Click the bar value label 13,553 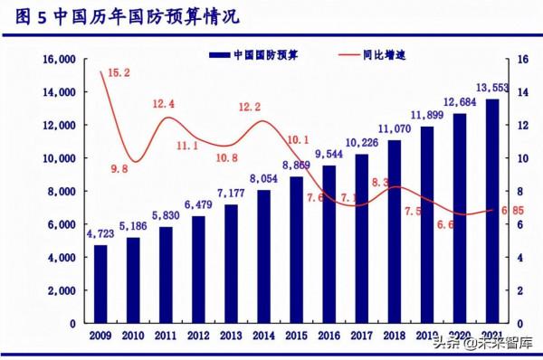[x=491, y=88]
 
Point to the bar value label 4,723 [x=100, y=234]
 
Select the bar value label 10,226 [x=363, y=142]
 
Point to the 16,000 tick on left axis [x=57, y=60]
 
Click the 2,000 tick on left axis [x=60, y=290]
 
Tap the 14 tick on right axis [x=523, y=92]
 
